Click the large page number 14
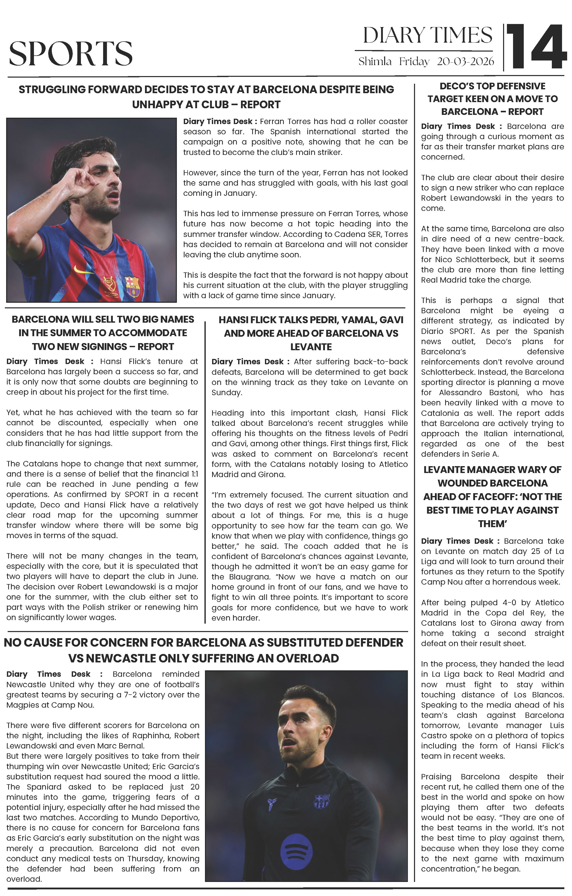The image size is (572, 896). point(536,47)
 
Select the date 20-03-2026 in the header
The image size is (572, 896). point(465,62)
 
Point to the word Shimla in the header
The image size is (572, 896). point(375,62)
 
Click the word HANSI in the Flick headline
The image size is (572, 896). point(235,320)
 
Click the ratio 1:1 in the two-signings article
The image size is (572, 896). point(192,474)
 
